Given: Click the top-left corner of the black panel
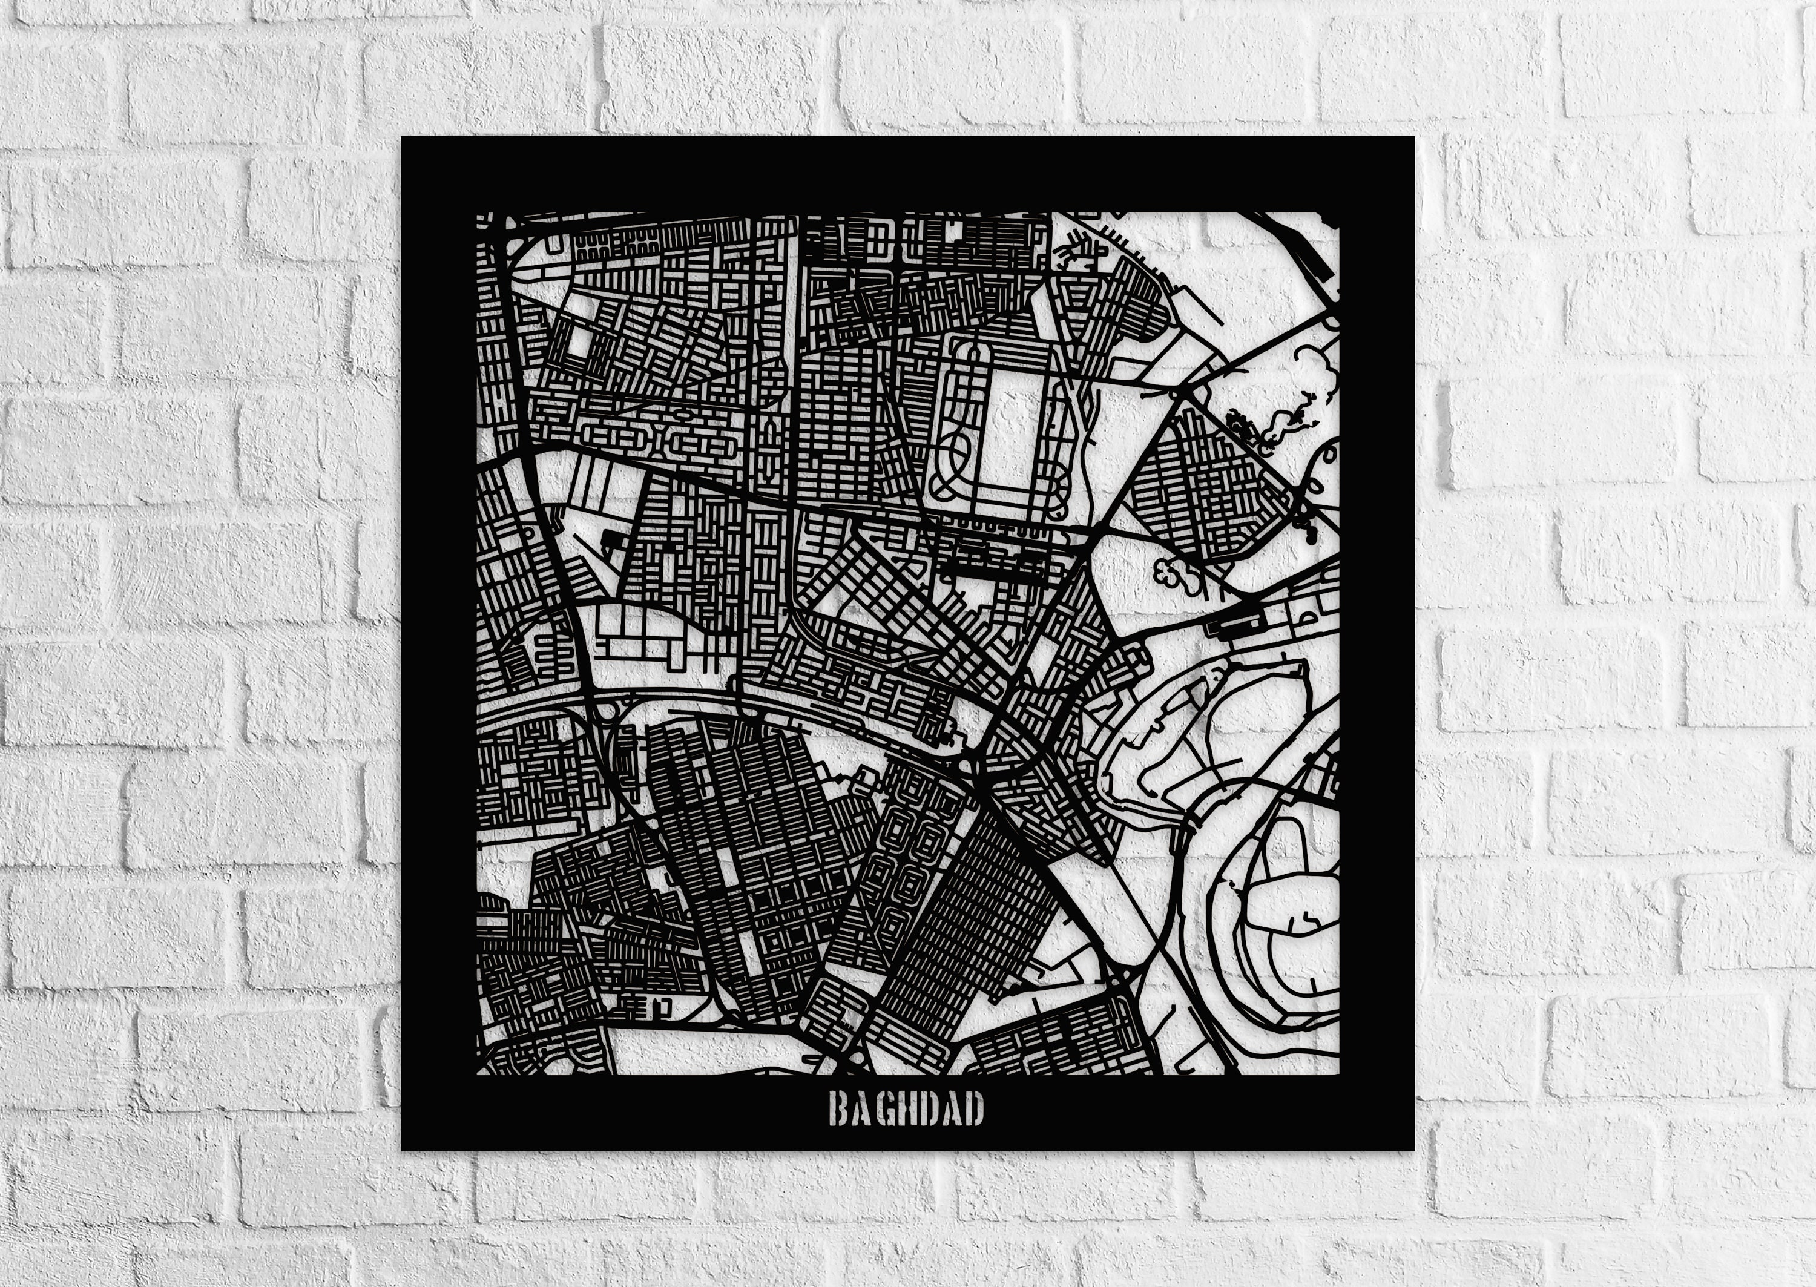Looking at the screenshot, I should (x=403, y=138).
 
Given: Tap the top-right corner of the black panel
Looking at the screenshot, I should (x=1413, y=138).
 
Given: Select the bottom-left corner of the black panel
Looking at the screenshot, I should (x=403, y=1148).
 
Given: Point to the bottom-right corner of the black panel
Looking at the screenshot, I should (x=1413, y=1148).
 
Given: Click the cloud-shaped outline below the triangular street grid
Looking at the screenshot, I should (x=1178, y=575).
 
